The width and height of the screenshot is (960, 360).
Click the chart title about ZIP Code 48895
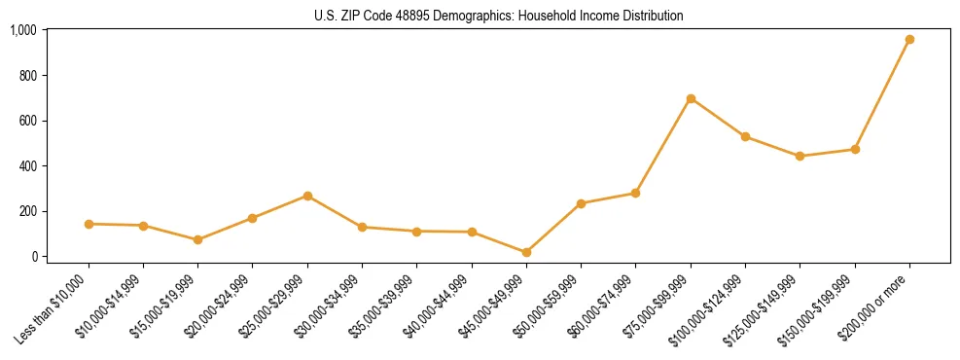[499, 16]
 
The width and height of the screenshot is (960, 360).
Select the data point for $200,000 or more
[909, 40]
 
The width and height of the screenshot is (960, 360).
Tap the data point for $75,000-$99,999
[691, 98]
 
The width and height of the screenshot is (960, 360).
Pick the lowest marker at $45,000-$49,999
[526, 252]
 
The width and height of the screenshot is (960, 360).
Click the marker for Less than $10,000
[89, 224]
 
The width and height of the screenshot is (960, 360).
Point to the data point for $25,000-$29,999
[307, 196]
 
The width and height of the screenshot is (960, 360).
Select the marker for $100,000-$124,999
[745, 136]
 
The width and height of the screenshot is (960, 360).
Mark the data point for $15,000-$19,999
[197, 239]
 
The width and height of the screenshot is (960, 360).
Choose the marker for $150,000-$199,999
[855, 149]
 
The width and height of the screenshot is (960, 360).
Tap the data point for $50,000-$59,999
[581, 203]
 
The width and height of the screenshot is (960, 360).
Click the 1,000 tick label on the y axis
[23, 30]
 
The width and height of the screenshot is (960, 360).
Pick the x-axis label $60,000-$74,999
[599, 307]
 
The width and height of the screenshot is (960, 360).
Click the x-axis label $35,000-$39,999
[380, 307]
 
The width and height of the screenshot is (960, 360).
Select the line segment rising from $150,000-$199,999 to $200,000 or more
[882, 94]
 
